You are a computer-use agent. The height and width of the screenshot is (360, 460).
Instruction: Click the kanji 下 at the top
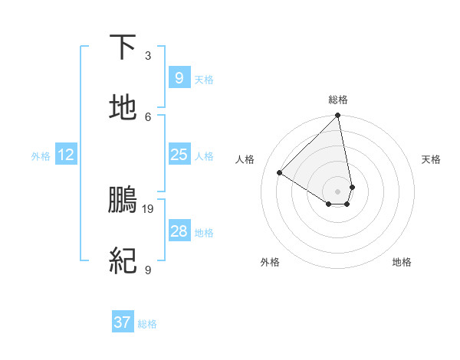point(123,47)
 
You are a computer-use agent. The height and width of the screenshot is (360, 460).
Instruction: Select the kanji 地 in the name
point(123,108)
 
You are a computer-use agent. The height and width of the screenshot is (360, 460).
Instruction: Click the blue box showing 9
point(179,78)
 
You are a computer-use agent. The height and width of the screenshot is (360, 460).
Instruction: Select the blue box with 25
point(179,155)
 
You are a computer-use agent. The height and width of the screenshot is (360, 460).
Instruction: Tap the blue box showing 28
point(179,231)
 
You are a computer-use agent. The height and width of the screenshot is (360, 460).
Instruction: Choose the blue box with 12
point(66,155)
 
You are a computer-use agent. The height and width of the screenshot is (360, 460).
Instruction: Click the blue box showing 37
point(123,322)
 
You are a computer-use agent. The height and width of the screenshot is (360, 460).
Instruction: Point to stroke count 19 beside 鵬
point(148,208)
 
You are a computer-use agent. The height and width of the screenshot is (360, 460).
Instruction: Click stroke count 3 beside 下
point(148,55)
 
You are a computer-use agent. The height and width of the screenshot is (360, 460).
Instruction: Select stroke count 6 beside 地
point(148,116)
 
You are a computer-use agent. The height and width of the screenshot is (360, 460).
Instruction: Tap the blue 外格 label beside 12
point(41,155)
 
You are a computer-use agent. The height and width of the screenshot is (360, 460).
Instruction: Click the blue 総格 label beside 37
point(147,324)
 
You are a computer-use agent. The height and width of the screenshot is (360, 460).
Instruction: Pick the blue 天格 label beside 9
point(204,80)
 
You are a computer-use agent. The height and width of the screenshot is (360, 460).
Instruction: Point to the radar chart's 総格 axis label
point(338,100)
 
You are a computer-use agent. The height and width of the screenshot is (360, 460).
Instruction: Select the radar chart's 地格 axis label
point(402,262)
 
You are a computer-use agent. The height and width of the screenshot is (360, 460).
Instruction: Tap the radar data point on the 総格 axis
point(338,116)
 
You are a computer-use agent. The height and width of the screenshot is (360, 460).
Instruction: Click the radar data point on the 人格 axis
point(280,173)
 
